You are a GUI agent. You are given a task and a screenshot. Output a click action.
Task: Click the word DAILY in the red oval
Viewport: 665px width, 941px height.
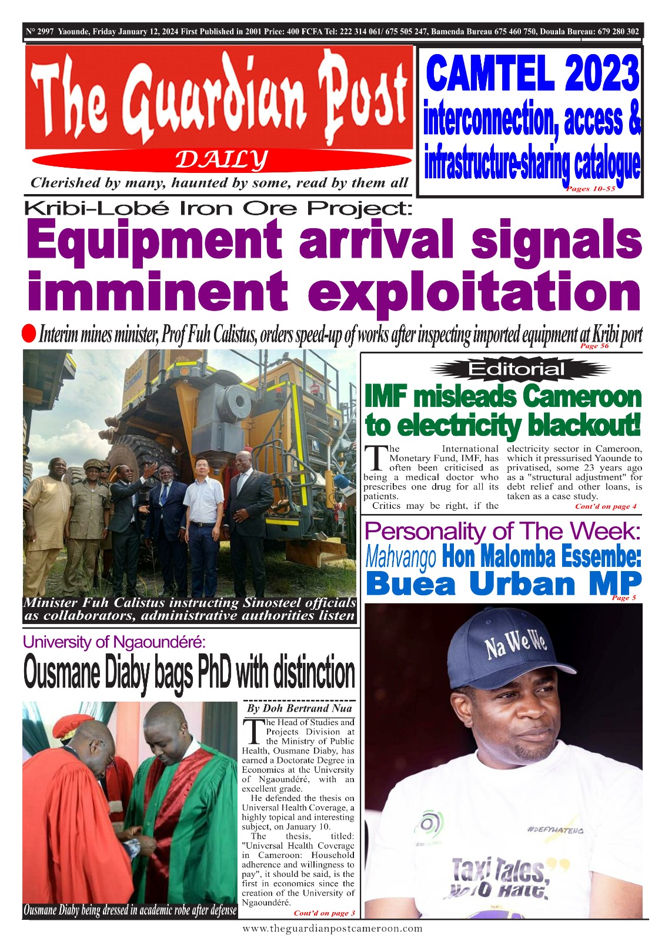point(222,159)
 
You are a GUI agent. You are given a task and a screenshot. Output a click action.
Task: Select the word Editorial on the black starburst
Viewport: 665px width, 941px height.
point(517,369)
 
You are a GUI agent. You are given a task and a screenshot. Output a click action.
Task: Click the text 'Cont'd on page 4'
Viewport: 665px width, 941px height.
point(606,506)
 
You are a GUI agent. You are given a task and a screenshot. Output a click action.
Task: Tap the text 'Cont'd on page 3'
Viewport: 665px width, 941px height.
point(324,913)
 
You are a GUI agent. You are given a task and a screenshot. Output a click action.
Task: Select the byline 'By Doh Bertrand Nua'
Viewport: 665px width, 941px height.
point(299,709)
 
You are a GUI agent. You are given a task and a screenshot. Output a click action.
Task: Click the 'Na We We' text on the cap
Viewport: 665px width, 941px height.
point(516,646)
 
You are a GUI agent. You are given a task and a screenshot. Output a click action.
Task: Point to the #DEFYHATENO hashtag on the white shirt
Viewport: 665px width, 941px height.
point(554,830)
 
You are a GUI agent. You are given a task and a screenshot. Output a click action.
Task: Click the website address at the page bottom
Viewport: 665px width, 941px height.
point(332,929)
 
